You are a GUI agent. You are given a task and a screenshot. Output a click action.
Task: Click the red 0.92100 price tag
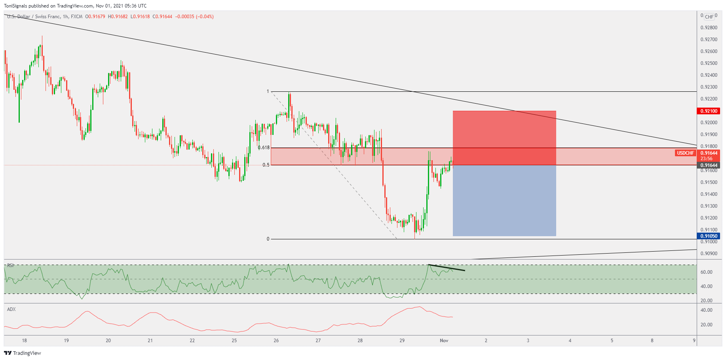pyautogui.click(x=708, y=111)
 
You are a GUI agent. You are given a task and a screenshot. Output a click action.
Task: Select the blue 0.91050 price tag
pyautogui.click(x=708, y=236)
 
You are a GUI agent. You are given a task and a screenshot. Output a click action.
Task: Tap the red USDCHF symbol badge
pyautogui.click(x=685, y=153)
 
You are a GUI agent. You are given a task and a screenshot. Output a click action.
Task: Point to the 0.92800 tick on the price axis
pyautogui.click(x=709, y=28)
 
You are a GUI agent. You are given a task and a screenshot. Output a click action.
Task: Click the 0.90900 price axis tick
pyautogui.click(x=709, y=254)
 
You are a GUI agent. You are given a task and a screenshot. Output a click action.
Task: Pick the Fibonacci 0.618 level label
pyautogui.click(x=264, y=148)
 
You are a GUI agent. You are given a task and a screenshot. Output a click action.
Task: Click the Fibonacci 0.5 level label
pyautogui.click(x=266, y=165)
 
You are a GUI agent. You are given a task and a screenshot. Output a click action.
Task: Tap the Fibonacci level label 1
pyautogui.click(x=268, y=91)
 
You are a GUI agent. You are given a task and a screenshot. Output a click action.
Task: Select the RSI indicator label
pyautogui.click(x=11, y=265)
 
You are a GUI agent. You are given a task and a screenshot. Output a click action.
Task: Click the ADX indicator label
pyautogui.click(x=11, y=309)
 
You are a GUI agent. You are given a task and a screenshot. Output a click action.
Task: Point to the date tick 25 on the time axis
pyautogui.click(x=234, y=341)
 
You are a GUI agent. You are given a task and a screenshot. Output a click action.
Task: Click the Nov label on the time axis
pyautogui.click(x=444, y=341)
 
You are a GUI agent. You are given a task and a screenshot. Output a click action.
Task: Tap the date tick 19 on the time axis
pyautogui.click(x=67, y=341)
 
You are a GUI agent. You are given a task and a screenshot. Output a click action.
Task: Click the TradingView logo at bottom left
pyautogui.click(x=23, y=353)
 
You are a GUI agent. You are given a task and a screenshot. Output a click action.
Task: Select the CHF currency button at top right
pyautogui.click(x=709, y=17)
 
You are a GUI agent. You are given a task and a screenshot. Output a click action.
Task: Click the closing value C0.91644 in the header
pyautogui.click(x=162, y=17)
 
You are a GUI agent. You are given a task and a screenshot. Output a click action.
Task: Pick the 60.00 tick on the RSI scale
pyautogui.click(x=707, y=272)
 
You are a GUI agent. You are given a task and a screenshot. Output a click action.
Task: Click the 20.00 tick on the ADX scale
pyautogui.click(x=707, y=325)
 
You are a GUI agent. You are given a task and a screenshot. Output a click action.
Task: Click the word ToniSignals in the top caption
pyautogui.click(x=15, y=6)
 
